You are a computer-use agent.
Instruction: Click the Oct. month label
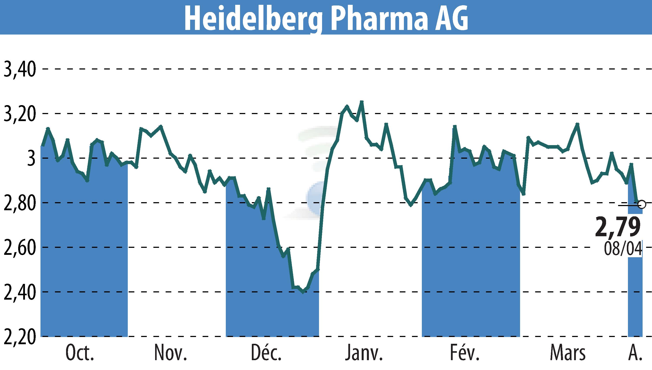click(80, 353)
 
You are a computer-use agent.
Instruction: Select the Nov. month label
click(171, 353)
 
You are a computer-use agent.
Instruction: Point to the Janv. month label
click(364, 353)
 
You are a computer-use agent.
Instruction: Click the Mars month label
click(568, 353)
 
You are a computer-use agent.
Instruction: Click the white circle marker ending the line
click(641, 204)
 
